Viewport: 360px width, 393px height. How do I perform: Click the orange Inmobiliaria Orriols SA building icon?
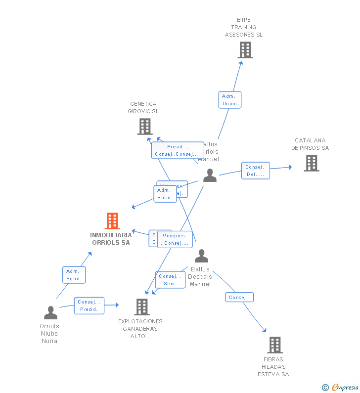(112, 221)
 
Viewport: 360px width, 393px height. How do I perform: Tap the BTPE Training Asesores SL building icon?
(245, 50)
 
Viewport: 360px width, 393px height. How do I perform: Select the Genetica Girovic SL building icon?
(144, 127)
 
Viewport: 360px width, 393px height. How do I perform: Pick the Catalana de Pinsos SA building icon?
(311, 163)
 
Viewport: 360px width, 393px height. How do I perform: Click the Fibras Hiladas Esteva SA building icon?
(274, 345)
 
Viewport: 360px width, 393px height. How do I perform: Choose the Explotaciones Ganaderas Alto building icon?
(142, 307)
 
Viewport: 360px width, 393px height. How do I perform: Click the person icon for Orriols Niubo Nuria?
(50, 313)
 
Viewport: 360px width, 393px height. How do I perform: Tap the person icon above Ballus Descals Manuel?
(201, 256)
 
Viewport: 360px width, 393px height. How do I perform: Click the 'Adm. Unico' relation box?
(229, 100)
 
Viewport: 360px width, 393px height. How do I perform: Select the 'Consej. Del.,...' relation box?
(255, 171)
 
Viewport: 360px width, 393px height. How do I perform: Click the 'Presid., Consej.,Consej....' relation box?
(177, 150)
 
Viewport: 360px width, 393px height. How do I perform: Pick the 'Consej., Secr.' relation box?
(170, 280)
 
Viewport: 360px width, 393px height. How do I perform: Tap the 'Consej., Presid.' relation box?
(89, 306)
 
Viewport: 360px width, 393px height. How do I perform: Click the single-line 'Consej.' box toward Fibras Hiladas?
(239, 298)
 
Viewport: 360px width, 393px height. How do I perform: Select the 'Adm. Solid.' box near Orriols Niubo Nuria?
(74, 275)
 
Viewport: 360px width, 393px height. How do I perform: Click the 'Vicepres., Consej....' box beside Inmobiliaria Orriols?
(175, 239)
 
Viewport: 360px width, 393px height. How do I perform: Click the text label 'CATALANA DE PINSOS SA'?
(310, 144)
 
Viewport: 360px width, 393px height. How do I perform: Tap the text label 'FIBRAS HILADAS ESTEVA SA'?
(273, 367)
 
